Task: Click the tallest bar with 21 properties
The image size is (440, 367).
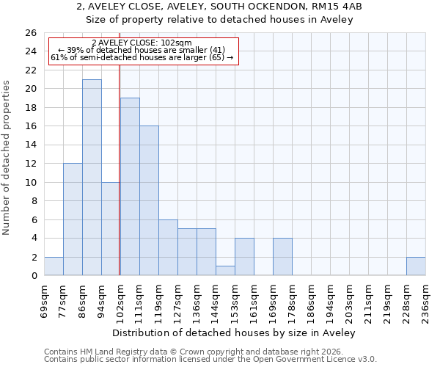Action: point(92,178)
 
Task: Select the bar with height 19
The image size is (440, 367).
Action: point(130,186)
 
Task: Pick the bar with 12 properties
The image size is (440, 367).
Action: point(73,219)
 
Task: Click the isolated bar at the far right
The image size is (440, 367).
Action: point(416,266)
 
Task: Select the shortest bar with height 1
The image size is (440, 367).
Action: point(225,271)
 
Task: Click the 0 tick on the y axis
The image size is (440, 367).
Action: point(33,276)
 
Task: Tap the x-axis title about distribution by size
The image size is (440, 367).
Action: point(235,333)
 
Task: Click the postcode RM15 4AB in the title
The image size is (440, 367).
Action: point(337,6)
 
